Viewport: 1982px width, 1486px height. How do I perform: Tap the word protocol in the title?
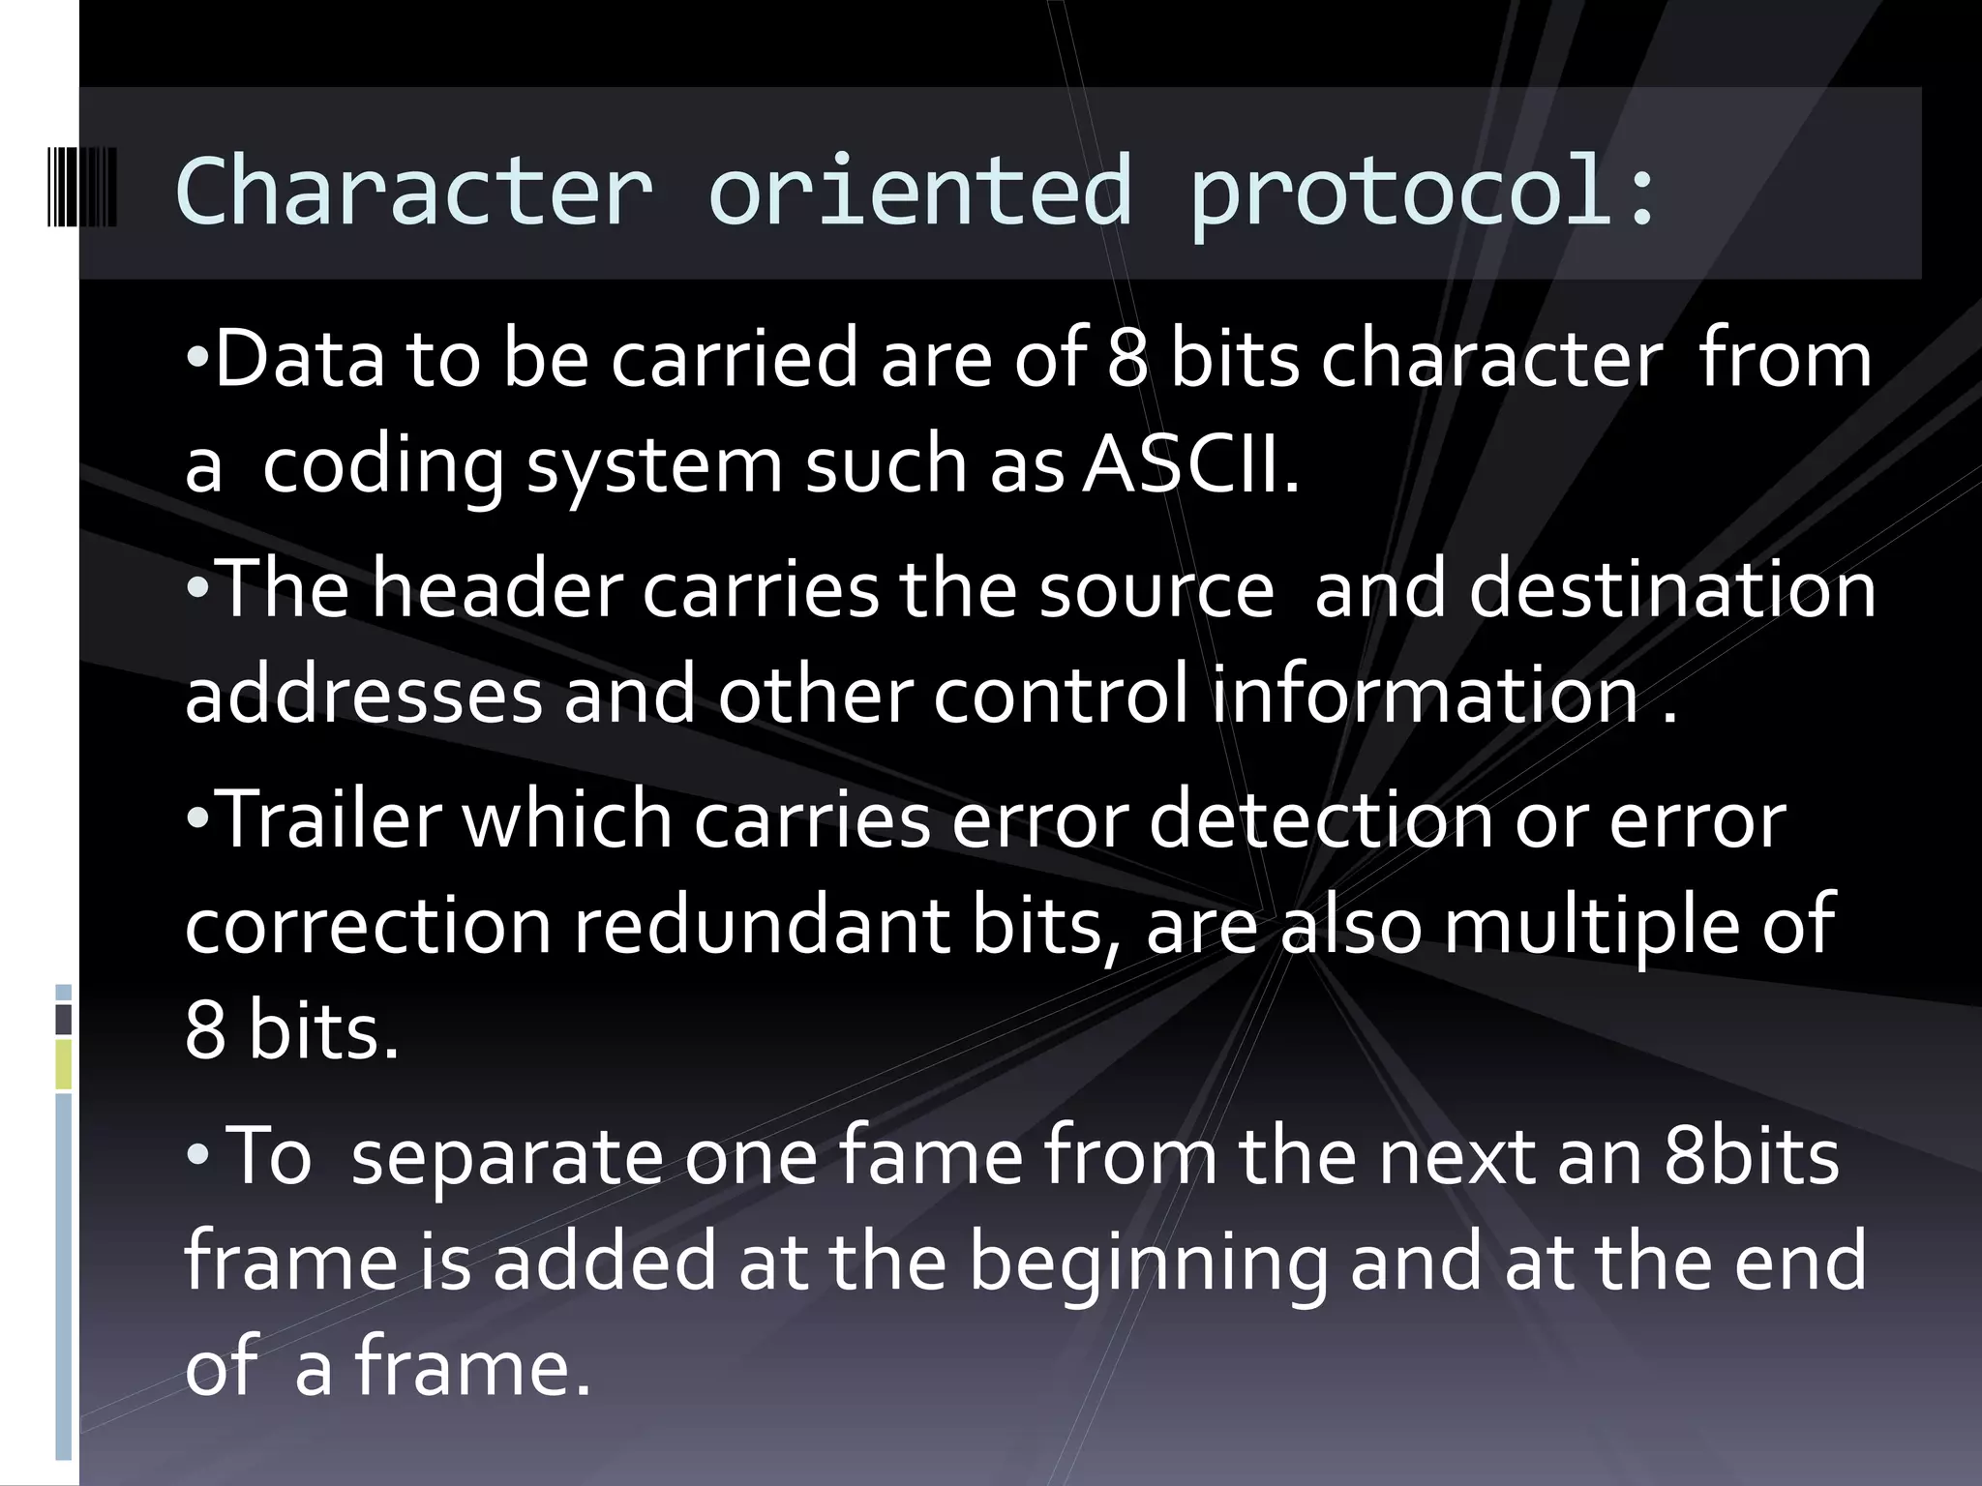pos(1403,193)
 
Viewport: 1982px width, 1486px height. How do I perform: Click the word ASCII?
pos(1190,465)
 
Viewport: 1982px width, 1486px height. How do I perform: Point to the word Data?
pos(299,359)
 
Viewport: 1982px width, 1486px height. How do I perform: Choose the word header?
pos(497,589)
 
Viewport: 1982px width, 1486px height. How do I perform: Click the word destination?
pos(1672,589)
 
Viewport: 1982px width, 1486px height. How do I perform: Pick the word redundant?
pos(761,926)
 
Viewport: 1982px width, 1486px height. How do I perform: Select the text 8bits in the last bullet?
pos(1752,1156)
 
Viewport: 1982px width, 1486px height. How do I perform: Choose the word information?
pos(1425,695)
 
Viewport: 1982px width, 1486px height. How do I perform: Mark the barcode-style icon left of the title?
pos(82,188)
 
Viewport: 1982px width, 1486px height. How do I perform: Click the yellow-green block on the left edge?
pos(64,1064)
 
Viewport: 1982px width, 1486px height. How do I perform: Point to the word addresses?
pos(364,695)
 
